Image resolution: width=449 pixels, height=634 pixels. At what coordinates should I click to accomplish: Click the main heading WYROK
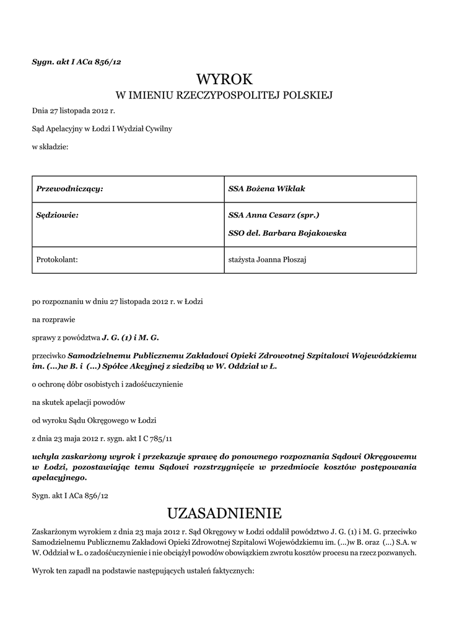(x=224, y=79)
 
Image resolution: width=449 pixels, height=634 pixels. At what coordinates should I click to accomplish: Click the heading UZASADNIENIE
(x=224, y=513)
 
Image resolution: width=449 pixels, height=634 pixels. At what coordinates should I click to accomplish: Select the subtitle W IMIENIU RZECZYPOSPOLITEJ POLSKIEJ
(x=224, y=95)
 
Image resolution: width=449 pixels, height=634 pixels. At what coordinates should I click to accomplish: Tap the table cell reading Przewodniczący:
(x=69, y=188)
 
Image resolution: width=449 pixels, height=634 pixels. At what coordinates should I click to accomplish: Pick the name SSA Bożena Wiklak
(x=266, y=188)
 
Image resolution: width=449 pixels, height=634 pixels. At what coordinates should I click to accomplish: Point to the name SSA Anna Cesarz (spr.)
(x=274, y=215)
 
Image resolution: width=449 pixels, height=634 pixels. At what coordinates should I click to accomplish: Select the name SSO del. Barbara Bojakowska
(x=287, y=233)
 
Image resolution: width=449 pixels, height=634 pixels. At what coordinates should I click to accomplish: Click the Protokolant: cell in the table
(x=58, y=260)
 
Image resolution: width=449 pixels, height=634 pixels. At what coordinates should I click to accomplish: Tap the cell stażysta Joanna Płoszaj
(x=268, y=260)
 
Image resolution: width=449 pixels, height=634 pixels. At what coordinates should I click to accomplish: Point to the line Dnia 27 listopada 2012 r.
(x=74, y=111)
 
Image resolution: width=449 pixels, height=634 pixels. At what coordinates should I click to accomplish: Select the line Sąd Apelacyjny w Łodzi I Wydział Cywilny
(x=102, y=129)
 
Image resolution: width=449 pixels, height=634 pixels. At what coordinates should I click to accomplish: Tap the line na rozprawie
(x=53, y=320)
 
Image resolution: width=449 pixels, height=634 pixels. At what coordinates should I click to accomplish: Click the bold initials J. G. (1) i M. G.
(x=130, y=338)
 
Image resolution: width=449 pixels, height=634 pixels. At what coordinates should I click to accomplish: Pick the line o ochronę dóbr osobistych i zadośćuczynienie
(x=107, y=384)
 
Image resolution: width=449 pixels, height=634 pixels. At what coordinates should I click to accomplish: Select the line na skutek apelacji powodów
(x=79, y=402)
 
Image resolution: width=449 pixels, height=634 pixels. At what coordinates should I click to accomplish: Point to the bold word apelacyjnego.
(x=59, y=478)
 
